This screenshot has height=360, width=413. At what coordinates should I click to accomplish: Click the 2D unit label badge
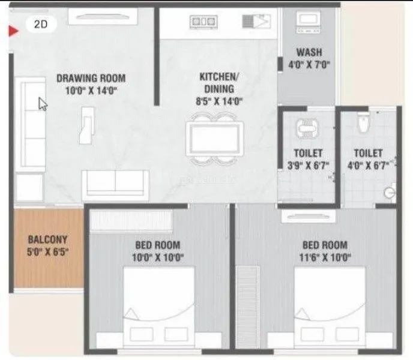[x=41, y=25]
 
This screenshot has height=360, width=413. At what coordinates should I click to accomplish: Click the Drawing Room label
[x=91, y=77]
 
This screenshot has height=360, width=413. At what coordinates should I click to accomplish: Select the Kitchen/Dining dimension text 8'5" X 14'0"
[x=220, y=101]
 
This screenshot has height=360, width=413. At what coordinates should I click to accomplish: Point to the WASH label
[x=309, y=52]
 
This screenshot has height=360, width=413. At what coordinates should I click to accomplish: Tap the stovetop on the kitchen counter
[x=203, y=22]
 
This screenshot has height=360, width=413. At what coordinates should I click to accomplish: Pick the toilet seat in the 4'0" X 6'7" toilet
[x=362, y=125]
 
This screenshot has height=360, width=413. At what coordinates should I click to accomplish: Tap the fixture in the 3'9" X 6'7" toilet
[x=307, y=127]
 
